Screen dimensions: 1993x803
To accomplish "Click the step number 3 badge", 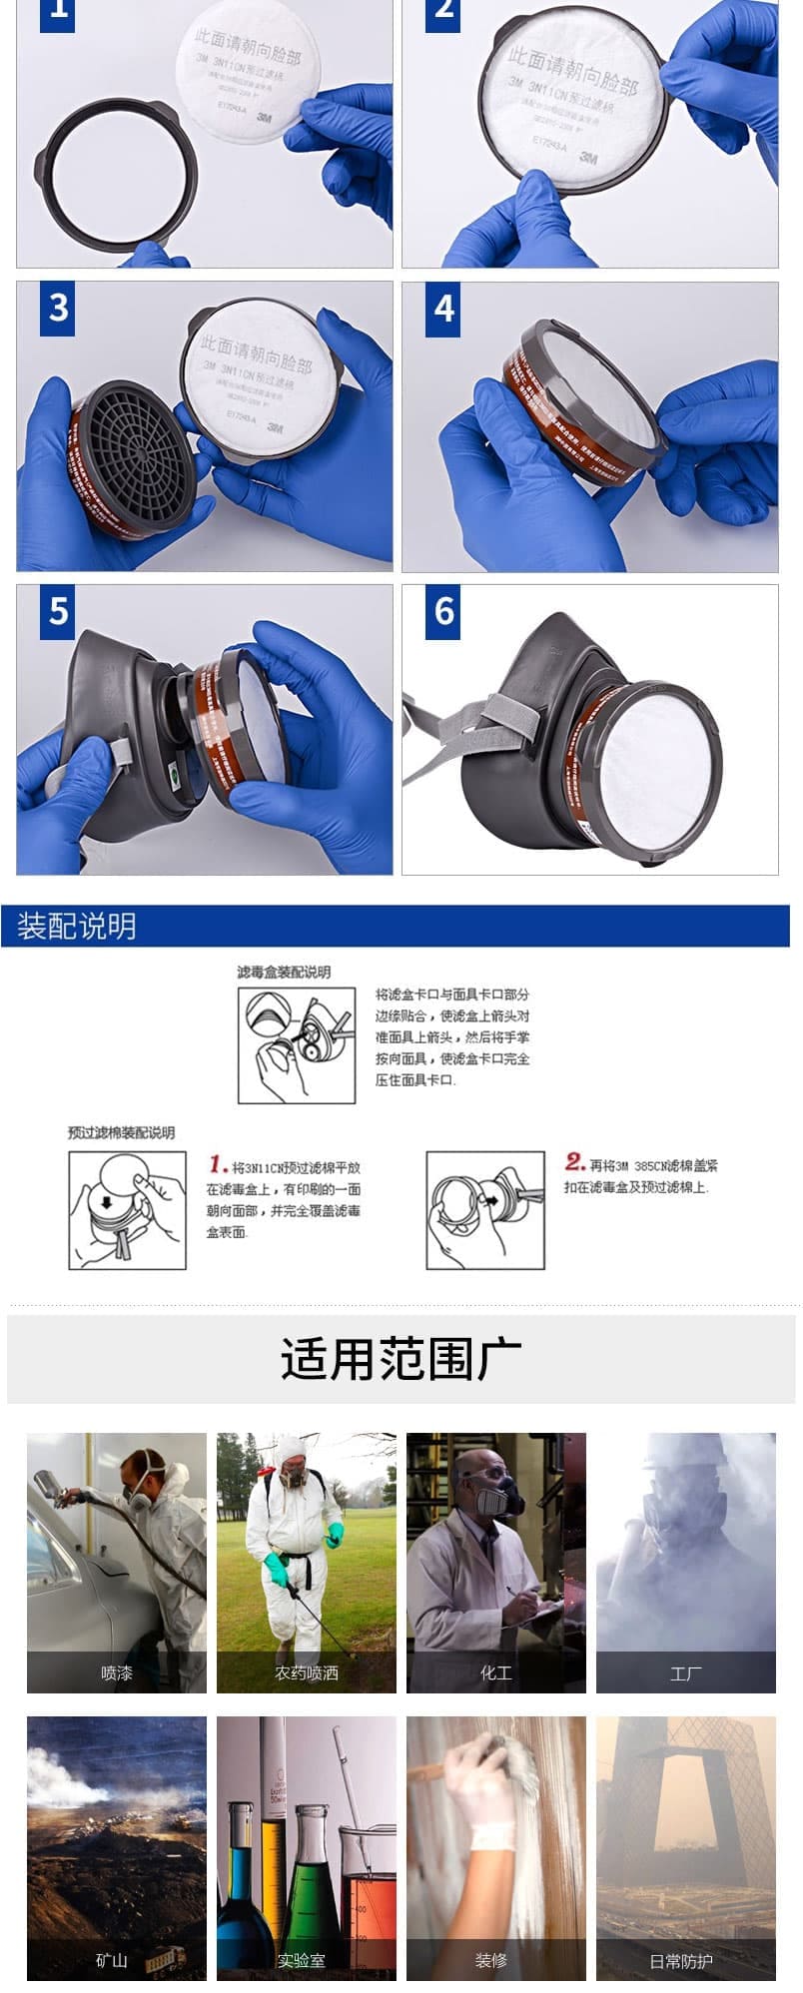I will [59, 308].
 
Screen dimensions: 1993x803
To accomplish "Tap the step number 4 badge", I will [444, 308].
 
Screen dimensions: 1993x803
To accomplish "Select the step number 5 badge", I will [59, 611].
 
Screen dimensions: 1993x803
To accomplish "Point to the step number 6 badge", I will [444, 611].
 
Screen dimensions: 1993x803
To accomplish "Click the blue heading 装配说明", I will [77, 926].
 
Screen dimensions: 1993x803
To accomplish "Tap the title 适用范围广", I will [401, 1359].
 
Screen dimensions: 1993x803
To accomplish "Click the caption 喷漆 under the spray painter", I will [117, 1672].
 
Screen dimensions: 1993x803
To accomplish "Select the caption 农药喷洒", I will [307, 1672].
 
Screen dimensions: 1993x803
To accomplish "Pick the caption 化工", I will [496, 1672].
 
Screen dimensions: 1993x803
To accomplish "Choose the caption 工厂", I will [686, 1672].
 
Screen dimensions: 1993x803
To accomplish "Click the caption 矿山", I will [112, 1960].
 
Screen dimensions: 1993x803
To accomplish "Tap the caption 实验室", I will [302, 1960].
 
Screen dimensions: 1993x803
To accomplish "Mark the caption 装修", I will [491, 1960].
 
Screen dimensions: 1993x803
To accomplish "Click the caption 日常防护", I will [681, 1960].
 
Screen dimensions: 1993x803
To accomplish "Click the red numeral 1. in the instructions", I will [219, 1164].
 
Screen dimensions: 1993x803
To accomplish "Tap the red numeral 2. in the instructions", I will [574, 1161].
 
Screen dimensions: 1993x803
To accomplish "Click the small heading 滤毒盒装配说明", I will [284, 972].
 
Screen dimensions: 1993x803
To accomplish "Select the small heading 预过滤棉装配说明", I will [121, 1132].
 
